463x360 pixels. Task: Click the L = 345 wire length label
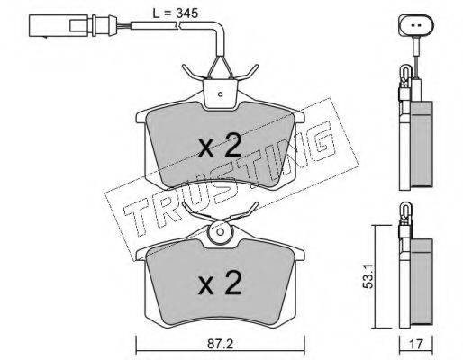tap(176, 13)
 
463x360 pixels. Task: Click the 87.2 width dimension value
tap(221, 344)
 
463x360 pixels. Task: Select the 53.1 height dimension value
tap(368, 276)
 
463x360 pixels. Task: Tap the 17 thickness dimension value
tap(417, 344)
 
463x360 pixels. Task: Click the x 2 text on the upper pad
tap(220, 146)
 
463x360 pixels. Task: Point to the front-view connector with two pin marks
tap(416, 25)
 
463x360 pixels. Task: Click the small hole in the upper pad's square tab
tap(220, 94)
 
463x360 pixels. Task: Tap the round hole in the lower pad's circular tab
tap(220, 232)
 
